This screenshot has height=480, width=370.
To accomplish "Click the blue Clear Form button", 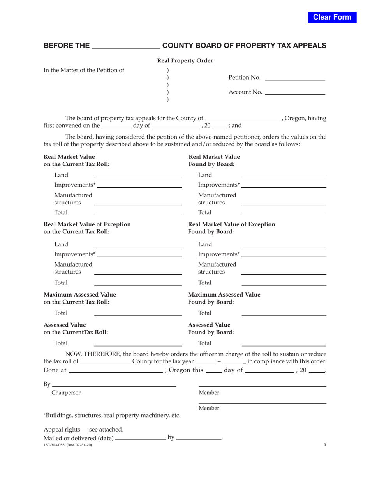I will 332,17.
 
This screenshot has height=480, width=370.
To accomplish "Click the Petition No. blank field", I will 294,78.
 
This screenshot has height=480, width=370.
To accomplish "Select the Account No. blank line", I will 294,92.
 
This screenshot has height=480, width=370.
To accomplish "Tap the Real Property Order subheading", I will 185,60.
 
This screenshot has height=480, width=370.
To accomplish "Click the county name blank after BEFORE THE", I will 125,46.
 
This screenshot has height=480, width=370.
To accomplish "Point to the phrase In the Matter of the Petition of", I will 84,70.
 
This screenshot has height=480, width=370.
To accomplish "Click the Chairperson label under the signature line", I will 67,393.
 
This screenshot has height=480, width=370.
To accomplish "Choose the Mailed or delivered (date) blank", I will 141,438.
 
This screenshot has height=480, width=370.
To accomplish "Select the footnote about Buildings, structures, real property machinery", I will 112,415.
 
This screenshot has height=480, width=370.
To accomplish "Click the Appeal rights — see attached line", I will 83,430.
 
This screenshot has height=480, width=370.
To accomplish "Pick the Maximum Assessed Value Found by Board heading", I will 224,298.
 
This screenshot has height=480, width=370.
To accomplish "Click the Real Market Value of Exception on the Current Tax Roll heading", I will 87,228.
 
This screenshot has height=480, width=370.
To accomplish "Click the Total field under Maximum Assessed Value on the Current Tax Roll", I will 138,313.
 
